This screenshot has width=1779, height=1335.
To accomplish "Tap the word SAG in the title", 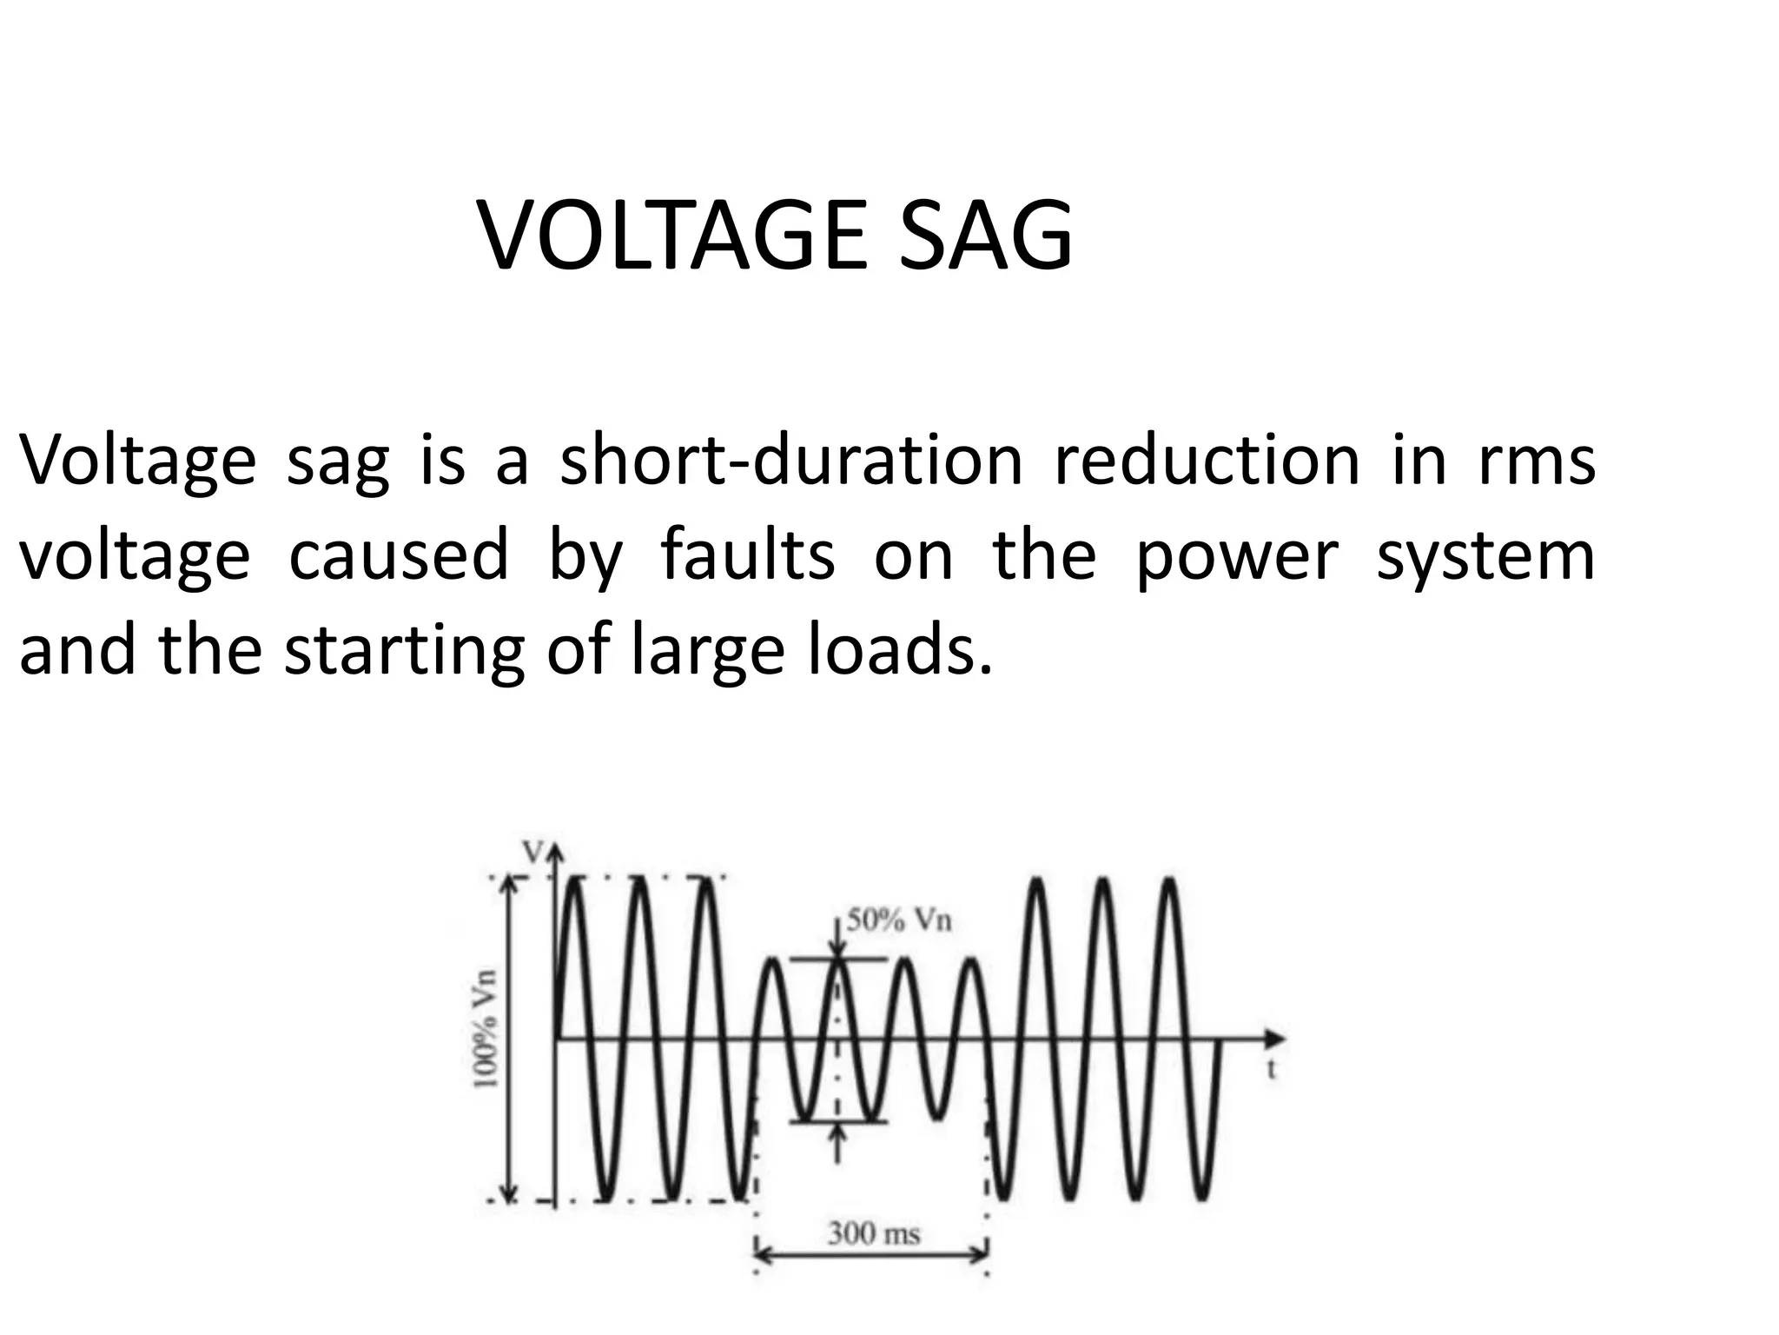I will pyautogui.click(x=984, y=236).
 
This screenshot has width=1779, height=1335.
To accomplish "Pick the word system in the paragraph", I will pyautogui.click(x=1485, y=557).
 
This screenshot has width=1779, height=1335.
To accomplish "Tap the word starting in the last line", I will pyautogui.click(x=404, y=652).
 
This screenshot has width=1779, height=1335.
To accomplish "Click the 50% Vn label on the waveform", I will pyautogui.click(x=900, y=920).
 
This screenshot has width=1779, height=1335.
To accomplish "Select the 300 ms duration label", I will pyautogui.click(x=874, y=1233).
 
